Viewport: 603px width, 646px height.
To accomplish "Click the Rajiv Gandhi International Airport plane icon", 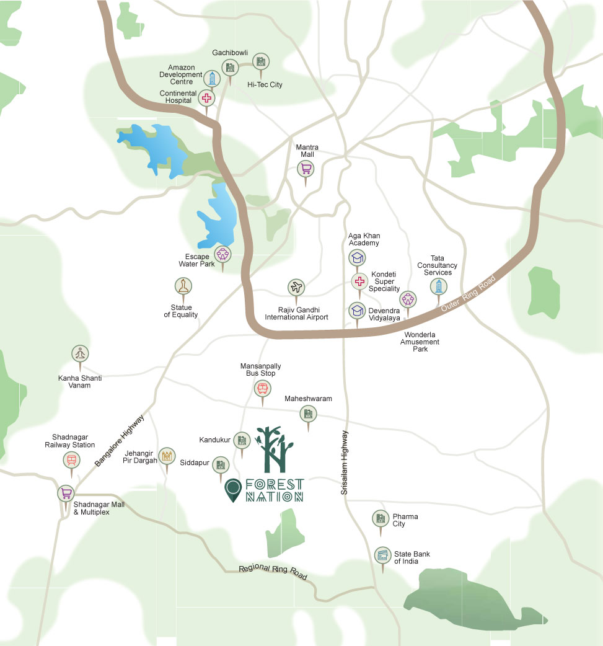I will tap(296, 287).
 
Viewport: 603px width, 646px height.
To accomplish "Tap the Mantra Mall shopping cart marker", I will tap(305, 168).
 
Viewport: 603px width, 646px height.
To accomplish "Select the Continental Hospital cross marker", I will tap(206, 97).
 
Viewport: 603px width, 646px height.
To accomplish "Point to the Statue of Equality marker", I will tap(183, 286).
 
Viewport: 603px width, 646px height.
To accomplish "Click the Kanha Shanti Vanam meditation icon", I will tap(79, 353).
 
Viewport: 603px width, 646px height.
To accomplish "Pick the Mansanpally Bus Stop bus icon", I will tap(262, 389).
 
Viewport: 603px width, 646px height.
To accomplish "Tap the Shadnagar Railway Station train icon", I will tap(71, 459).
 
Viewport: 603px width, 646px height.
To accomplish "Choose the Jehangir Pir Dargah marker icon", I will tap(166, 456).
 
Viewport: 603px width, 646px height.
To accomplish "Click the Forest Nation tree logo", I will tap(271, 448).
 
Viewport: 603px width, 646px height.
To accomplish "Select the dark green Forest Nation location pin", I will tap(232, 490).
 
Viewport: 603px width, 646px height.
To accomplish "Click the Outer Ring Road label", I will tap(462, 302).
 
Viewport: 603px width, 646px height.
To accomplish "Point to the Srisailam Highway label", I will tap(345, 462).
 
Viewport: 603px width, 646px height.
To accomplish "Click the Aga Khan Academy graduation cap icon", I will tap(357, 257).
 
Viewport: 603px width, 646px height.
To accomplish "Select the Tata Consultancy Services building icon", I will tap(439, 286).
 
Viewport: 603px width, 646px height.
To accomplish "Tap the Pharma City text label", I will tap(405, 520).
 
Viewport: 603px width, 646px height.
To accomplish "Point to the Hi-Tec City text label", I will tap(265, 84).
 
